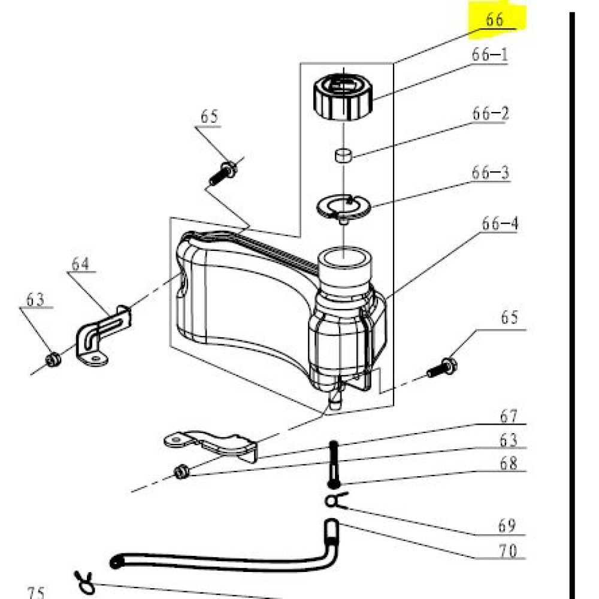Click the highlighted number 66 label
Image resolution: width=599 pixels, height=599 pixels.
coord(495,20)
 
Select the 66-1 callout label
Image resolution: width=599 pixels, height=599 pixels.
coord(489,56)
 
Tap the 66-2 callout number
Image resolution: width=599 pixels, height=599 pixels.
coord(490,114)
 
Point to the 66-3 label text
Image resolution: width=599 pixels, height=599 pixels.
coord(490,173)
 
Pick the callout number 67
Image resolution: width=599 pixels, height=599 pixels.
coord(509,416)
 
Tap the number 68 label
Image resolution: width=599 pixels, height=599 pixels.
coord(509,464)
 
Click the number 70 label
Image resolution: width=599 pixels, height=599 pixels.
coord(508,550)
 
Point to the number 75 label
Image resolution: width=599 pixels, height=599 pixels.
coord(36,593)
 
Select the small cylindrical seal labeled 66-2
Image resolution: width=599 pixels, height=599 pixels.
coord(343,156)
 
